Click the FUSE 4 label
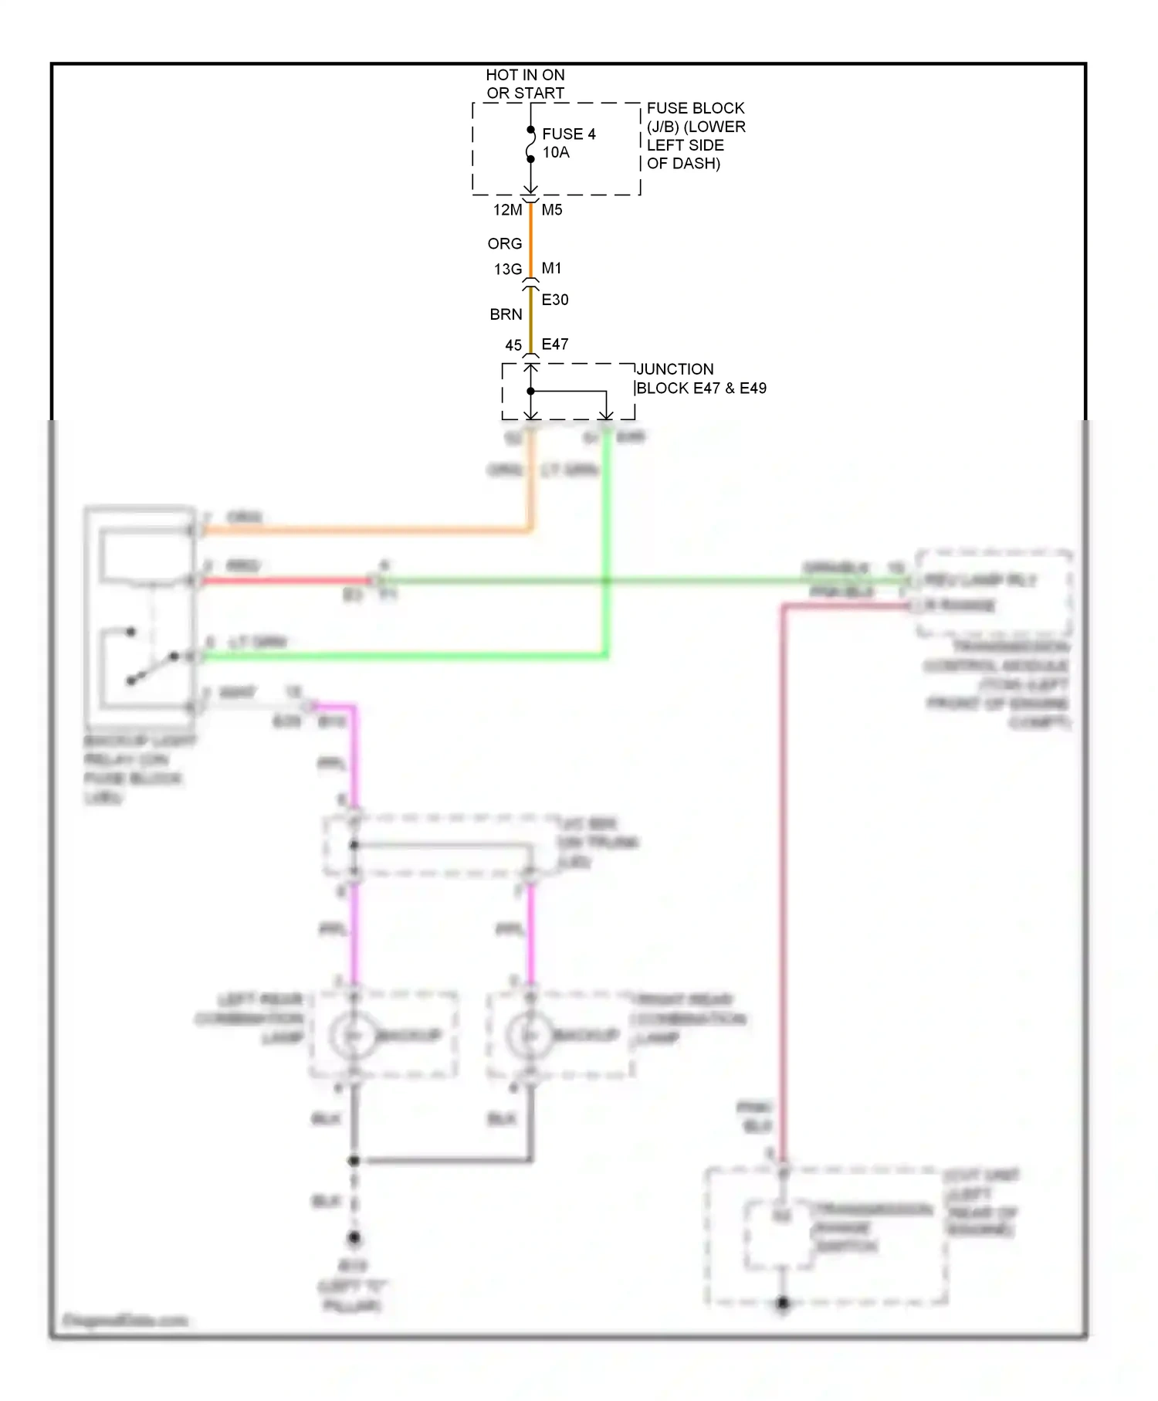point(568,134)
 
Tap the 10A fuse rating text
point(556,153)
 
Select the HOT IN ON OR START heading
point(525,84)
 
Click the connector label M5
point(552,210)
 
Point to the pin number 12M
point(507,210)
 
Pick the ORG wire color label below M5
point(505,244)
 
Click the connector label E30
point(555,300)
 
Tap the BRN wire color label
point(506,314)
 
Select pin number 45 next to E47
point(513,345)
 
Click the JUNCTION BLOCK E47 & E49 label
point(701,378)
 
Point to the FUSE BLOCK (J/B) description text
point(695,136)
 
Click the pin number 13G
point(507,270)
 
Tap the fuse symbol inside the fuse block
point(530,144)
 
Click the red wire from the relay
point(286,581)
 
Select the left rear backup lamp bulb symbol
point(354,1035)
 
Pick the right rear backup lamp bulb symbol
point(530,1035)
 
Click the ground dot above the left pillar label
point(354,1237)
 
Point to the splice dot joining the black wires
point(354,1160)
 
